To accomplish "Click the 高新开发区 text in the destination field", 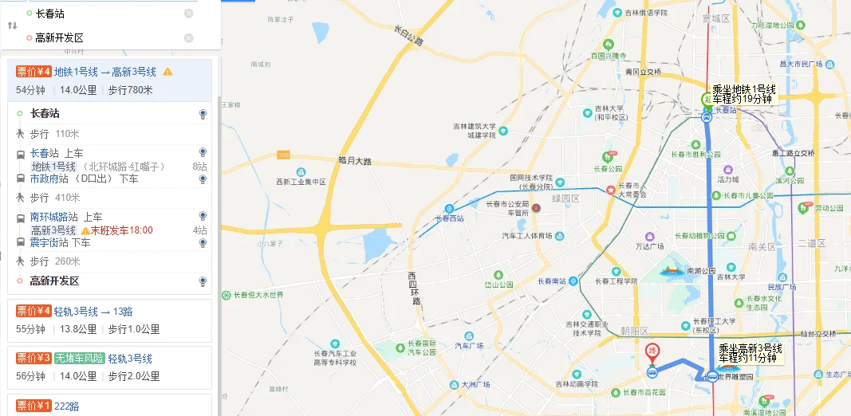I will click(60, 37).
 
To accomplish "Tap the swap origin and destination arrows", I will click(13, 26).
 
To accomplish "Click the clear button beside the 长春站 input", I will click(188, 14).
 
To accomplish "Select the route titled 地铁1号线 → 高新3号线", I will click(105, 72).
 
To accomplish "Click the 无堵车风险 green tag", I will click(80, 358).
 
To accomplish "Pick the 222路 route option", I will click(67, 406).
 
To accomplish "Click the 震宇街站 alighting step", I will click(49, 242).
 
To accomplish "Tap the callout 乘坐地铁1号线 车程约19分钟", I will click(743, 94).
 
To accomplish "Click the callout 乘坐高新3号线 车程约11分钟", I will click(750, 353).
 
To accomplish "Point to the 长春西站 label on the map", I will click(450, 218).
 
